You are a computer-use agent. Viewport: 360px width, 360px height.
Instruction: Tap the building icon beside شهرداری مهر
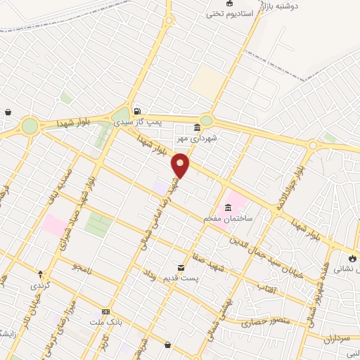[x=196, y=127]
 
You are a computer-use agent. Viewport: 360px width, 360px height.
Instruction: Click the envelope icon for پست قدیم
[x=181, y=268]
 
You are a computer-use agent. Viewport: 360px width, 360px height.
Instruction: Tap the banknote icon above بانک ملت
[x=105, y=311]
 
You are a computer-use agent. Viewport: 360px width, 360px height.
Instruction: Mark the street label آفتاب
[x=268, y=288]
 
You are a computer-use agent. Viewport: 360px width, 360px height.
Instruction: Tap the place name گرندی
[x=40, y=285]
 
